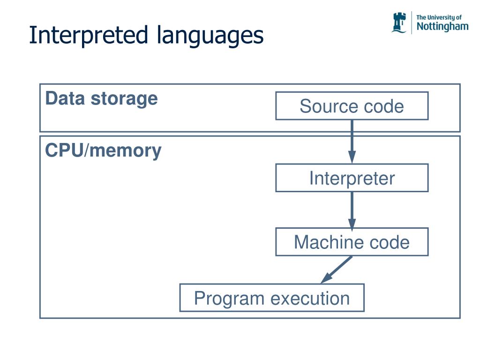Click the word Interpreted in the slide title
coord(89,36)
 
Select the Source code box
coord(352,106)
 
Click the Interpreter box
coord(352,178)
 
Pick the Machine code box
coord(352,242)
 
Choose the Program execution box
coord(272,298)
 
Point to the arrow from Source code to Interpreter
coord(352,142)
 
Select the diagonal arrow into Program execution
coord(337,270)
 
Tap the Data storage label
coord(101,99)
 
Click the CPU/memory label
coord(103,150)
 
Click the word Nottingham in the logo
coord(442,27)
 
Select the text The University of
coord(439,17)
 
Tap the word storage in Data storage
coord(124,99)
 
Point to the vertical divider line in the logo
coord(412,22)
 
